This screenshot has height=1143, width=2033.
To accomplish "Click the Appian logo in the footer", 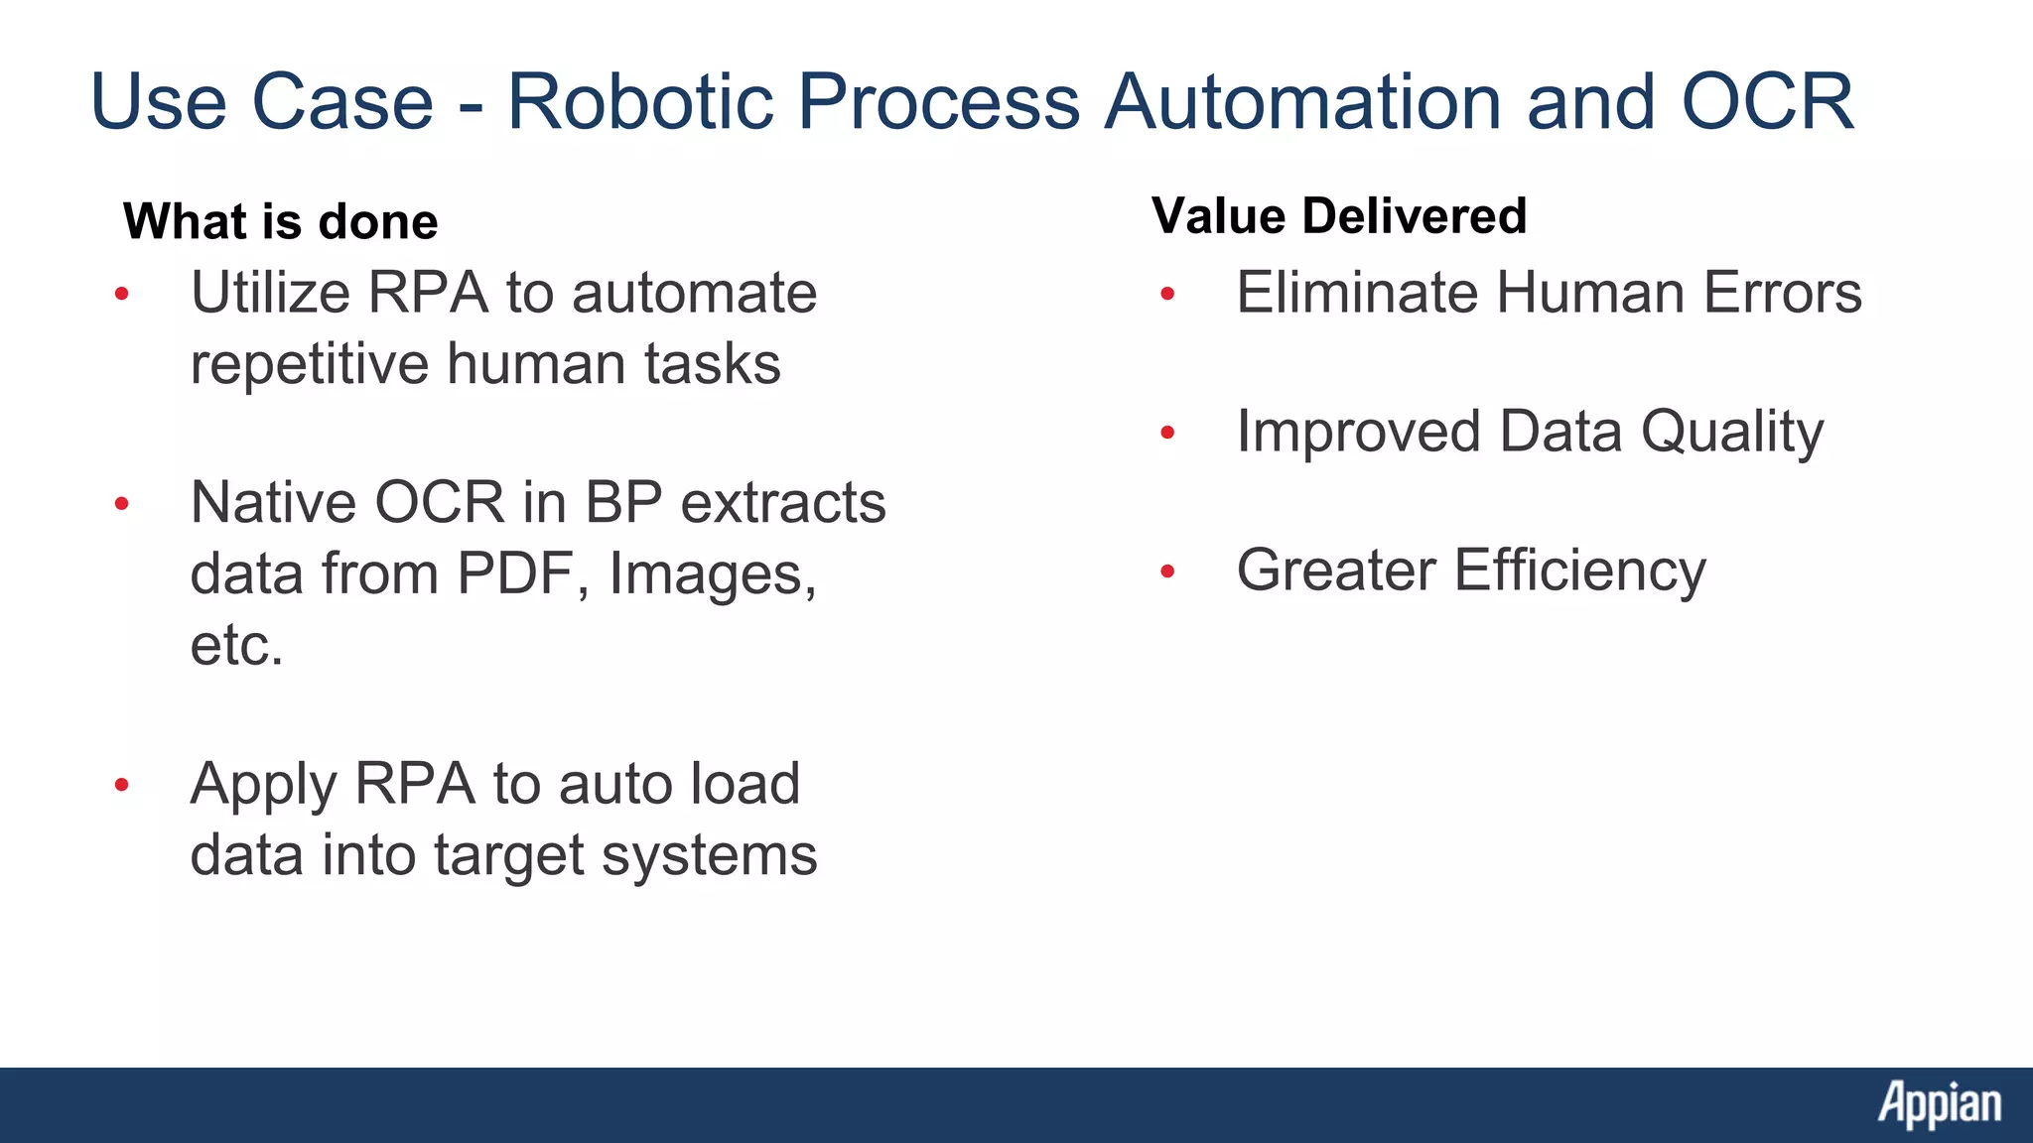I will [x=1939, y=1103].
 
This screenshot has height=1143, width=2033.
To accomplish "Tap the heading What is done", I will [x=281, y=221].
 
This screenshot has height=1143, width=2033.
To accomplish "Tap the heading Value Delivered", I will [x=1339, y=215].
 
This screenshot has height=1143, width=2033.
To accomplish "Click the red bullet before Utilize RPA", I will [x=122, y=294].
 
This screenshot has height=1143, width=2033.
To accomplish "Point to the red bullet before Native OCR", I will [x=122, y=504].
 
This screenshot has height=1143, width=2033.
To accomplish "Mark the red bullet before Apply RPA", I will [x=122, y=786].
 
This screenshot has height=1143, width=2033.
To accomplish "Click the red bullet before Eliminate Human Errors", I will [x=1167, y=294].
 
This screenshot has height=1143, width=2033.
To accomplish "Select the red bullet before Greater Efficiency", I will [x=1167, y=571].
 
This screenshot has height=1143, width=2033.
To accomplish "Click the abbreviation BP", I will [x=623, y=502].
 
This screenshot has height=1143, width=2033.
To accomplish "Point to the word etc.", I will [x=236, y=645].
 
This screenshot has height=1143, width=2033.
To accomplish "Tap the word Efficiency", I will [x=1580, y=571].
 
